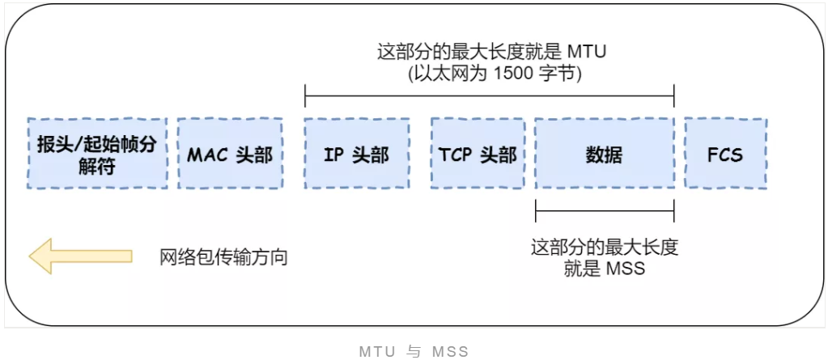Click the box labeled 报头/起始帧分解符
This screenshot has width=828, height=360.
click(x=96, y=154)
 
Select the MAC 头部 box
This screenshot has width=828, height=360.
click(x=230, y=154)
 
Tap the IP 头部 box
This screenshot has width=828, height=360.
click(x=356, y=154)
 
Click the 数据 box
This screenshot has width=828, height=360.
click(x=604, y=154)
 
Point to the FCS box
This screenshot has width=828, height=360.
click(x=725, y=154)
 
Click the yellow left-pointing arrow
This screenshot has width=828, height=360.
click(x=80, y=256)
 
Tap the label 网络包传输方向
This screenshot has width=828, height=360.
click(x=223, y=257)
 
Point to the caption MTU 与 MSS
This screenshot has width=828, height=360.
click(x=414, y=352)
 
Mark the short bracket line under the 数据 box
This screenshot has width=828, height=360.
click(x=604, y=212)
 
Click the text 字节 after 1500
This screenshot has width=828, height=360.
click(x=556, y=74)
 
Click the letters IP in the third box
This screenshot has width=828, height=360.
click(x=334, y=154)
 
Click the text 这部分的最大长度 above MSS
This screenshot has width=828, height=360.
click(x=604, y=248)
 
